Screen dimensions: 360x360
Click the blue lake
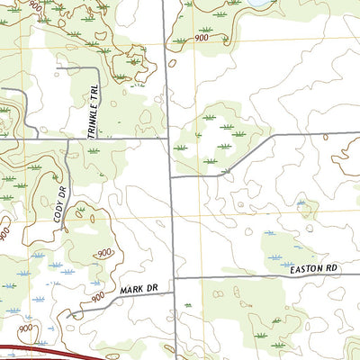258,4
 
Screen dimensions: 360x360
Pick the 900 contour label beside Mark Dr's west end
98,294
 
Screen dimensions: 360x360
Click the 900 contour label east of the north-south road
201,38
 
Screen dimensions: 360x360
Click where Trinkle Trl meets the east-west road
96,139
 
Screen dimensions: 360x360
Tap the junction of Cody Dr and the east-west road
67,139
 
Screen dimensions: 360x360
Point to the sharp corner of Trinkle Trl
96,67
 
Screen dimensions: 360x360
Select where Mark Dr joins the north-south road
173,279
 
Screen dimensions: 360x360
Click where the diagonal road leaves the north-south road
171,176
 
